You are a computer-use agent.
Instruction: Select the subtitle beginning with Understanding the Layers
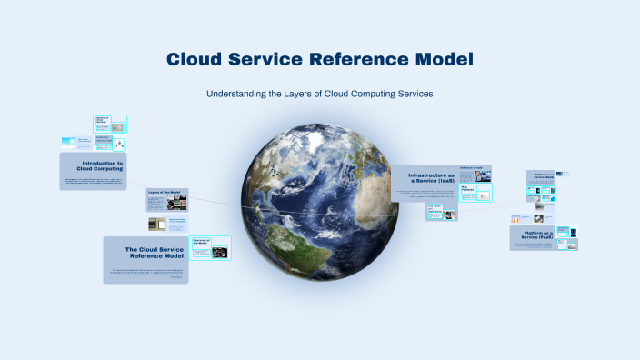320,94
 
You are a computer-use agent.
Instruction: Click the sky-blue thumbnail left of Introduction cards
69,143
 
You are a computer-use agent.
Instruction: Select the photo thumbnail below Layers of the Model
157,223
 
